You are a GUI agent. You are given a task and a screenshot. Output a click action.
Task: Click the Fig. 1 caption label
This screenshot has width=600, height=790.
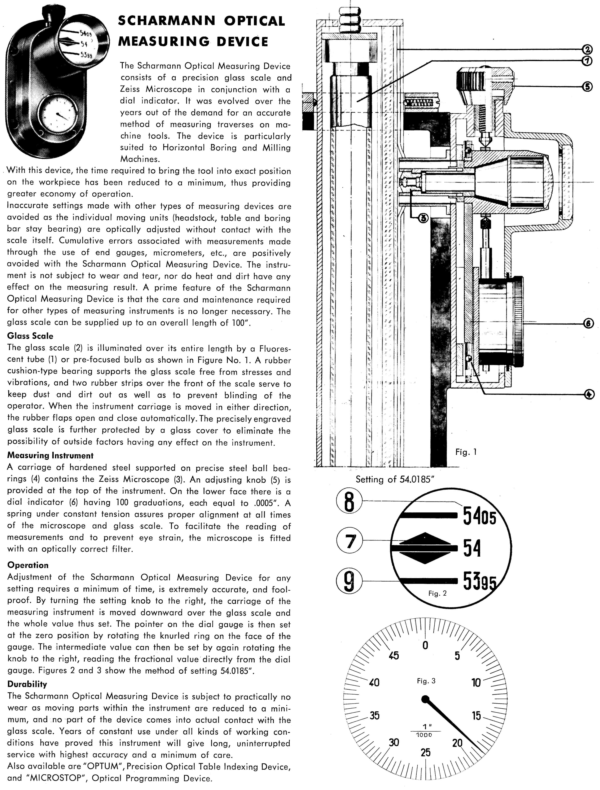tap(466, 452)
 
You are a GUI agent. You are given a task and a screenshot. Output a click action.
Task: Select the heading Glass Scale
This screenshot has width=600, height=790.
tap(30, 336)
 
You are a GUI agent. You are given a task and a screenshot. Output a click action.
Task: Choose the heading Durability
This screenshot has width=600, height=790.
tap(27, 684)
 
